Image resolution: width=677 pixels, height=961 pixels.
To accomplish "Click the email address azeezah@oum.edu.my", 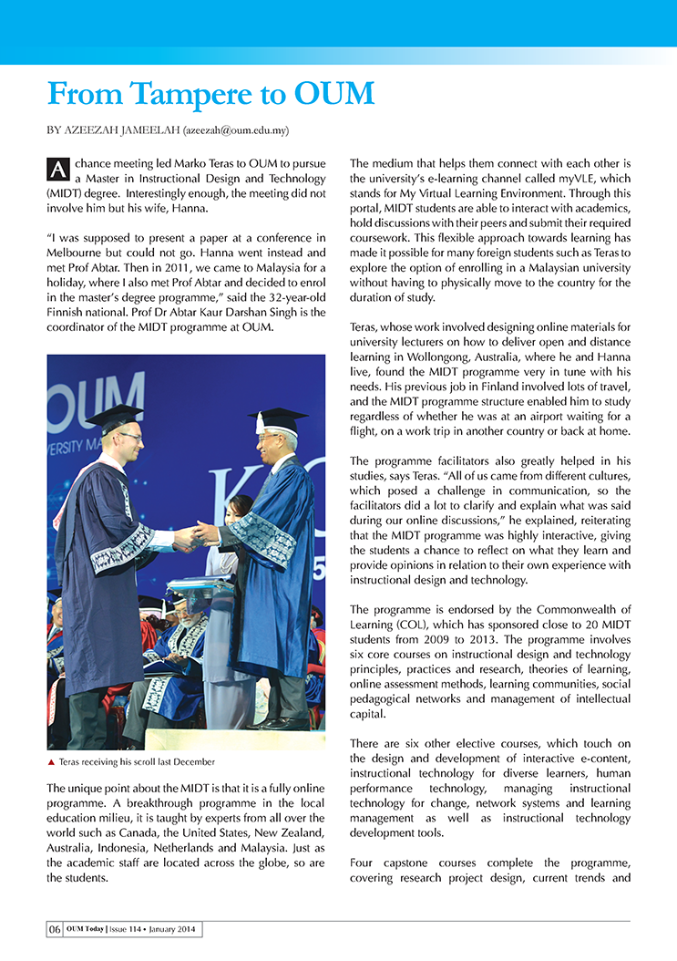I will pyautogui.click(x=237, y=131).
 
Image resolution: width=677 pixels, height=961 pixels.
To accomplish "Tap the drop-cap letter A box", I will pyautogui.click(x=57, y=169).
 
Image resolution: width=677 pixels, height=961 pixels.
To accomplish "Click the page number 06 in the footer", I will pyautogui.click(x=55, y=929).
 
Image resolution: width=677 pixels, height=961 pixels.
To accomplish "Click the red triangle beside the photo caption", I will pyautogui.click(x=51, y=760).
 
